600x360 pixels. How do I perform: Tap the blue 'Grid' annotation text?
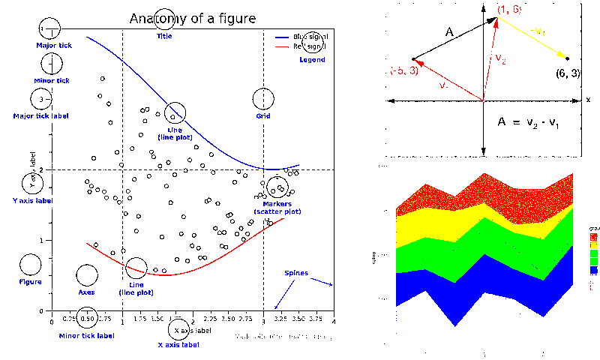pyautogui.click(x=263, y=116)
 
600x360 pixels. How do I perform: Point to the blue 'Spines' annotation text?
pyautogui.click(x=295, y=273)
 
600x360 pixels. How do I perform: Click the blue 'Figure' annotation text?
pyautogui.click(x=30, y=282)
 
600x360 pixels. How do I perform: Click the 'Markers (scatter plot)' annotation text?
pyautogui.click(x=277, y=208)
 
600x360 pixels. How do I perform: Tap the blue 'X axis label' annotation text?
pyautogui.click(x=178, y=345)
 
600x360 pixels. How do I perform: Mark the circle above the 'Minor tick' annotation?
pyautogui.click(x=51, y=64)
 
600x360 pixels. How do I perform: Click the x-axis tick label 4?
pyautogui.click(x=334, y=319)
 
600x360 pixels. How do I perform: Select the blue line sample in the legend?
pyautogui.click(x=283, y=37)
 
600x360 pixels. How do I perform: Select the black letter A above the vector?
pyautogui.click(x=449, y=32)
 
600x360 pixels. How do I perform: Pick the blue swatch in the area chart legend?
pyautogui.click(x=595, y=268)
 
